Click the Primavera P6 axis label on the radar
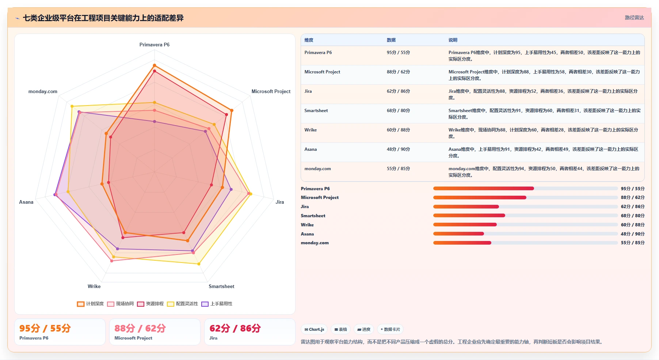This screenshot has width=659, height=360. (x=155, y=45)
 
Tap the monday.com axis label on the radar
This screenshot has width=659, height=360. (x=43, y=91)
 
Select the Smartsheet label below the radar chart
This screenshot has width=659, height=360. (x=221, y=286)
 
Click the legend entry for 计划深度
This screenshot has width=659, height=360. (x=90, y=304)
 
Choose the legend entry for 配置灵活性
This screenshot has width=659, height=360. (x=182, y=304)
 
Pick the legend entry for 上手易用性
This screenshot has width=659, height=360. (x=217, y=304)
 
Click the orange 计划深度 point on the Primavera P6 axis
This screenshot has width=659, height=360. (x=155, y=65)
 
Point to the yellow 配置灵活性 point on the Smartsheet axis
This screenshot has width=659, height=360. (x=199, y=264)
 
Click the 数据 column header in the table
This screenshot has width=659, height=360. (x=391, y=40)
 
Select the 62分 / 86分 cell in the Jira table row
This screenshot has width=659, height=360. (x=398, y=91)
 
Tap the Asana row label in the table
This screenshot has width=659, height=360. (x=311, y=149)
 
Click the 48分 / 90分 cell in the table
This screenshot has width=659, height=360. (x=398, y=149)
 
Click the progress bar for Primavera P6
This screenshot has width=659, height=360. (x=525, y=188)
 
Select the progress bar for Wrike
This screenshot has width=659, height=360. (x=525, y=225)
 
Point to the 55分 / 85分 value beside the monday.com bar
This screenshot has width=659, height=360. (x=633, y=243)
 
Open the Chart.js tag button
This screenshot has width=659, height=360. (x=314, y=329)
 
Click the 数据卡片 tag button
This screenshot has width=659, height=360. (x=390, y=329)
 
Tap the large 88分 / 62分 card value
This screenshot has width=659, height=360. (x=140, y=328)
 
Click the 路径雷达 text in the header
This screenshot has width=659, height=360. (x=635, y=18)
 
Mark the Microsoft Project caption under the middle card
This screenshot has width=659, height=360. (x=133, y=338)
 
